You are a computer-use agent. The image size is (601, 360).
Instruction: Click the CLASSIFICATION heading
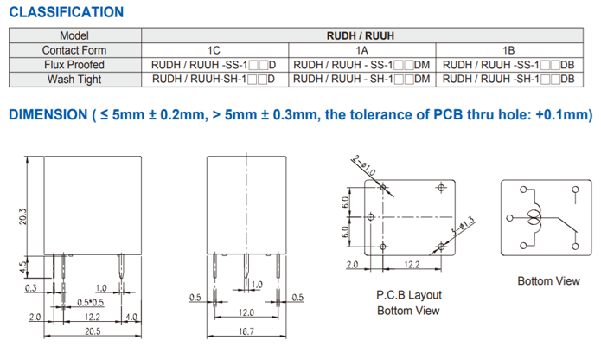click(x=67, y=12)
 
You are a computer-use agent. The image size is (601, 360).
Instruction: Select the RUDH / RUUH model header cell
click(x=361, y=35)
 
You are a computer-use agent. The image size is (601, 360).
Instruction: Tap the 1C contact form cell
click(x=214, y=50)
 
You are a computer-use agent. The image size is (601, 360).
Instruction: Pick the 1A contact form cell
click(x=361, y=50)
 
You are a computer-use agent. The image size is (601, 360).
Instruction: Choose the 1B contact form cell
click(x=509, y=50)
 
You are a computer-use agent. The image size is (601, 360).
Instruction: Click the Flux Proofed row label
click(x=74, y=65)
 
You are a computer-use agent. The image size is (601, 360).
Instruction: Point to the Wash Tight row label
click(x=74, y=80)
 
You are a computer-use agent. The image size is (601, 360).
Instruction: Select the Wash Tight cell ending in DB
click(x=508, y=80)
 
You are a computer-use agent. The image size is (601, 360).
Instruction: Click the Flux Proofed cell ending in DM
click(x=361, y=65)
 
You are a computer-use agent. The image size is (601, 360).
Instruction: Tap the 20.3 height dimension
click(x=23, y=216)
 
